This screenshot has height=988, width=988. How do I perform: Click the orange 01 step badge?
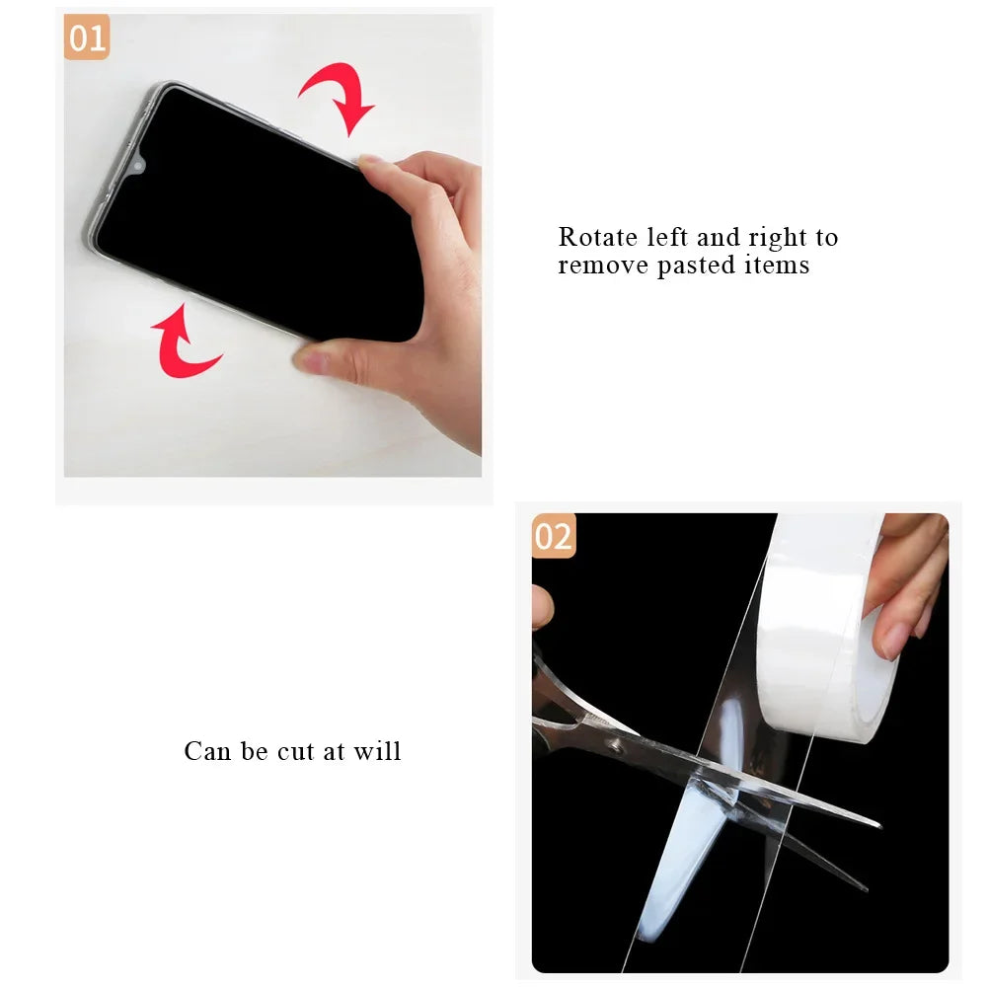(87, 39)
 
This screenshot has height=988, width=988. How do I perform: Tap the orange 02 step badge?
(554, 537)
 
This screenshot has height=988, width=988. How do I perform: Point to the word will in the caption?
(379, 751)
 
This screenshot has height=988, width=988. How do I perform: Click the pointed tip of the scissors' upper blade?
(876, 824)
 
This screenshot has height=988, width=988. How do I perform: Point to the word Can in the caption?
(206, 751)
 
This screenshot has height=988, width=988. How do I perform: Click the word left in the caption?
(668, 238)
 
